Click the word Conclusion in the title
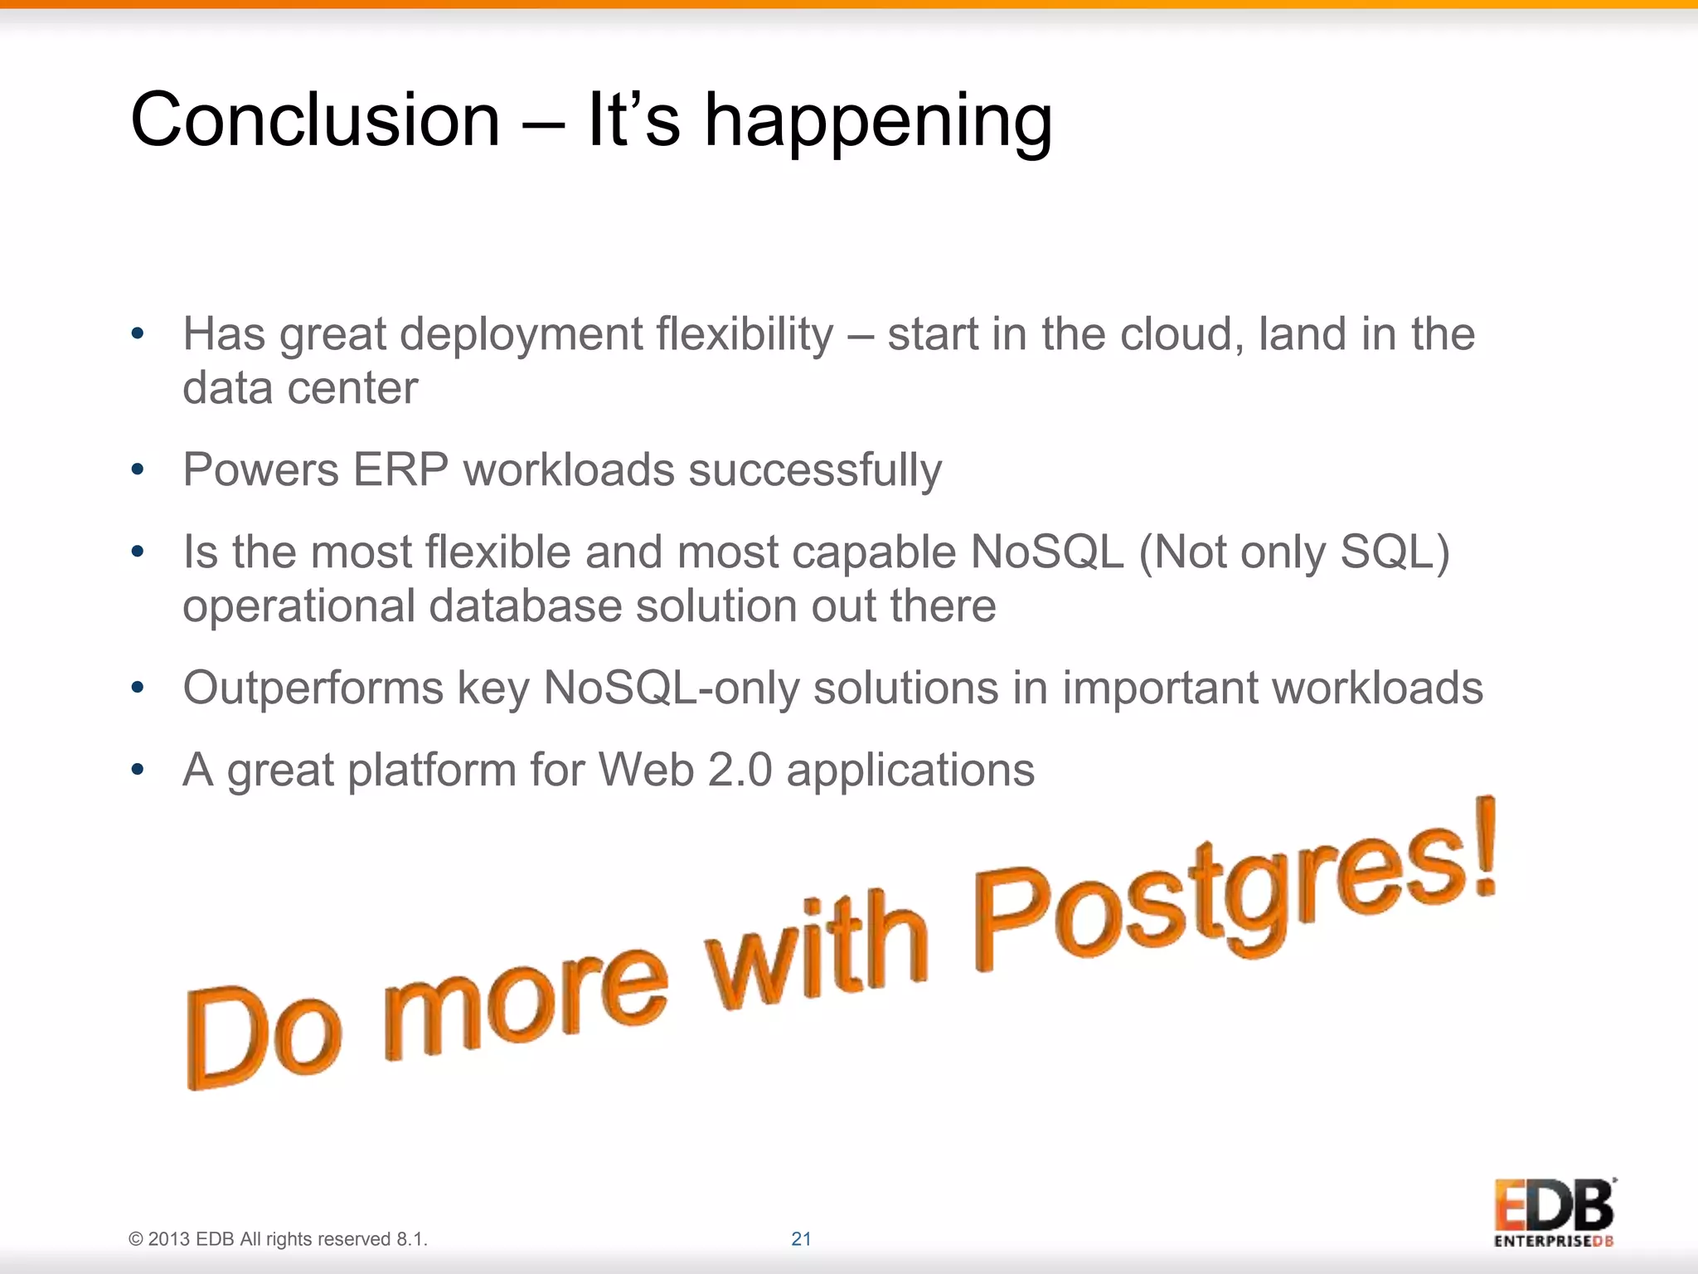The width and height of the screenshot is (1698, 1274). (x=315, y=120)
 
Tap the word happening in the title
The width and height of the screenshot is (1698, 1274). (x=878, y=123)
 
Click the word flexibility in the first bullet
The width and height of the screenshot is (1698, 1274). (x=744, y=335)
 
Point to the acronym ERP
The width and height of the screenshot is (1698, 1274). (x=400, y=470)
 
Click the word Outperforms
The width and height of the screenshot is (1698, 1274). (x=313, y=688)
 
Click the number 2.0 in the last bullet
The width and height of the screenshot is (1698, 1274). (x=740, y=770)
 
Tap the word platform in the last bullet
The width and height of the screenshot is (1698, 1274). (x=431, y=771)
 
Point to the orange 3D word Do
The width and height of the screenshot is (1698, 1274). (x=264, y=1037)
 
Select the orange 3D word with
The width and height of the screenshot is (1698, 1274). (x=817, y=954)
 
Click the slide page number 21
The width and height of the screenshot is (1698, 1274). (x=801, y=1239)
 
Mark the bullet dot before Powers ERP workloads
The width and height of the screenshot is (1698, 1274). (x=138, y=470)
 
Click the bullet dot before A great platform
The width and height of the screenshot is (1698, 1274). (x=138, y=770)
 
